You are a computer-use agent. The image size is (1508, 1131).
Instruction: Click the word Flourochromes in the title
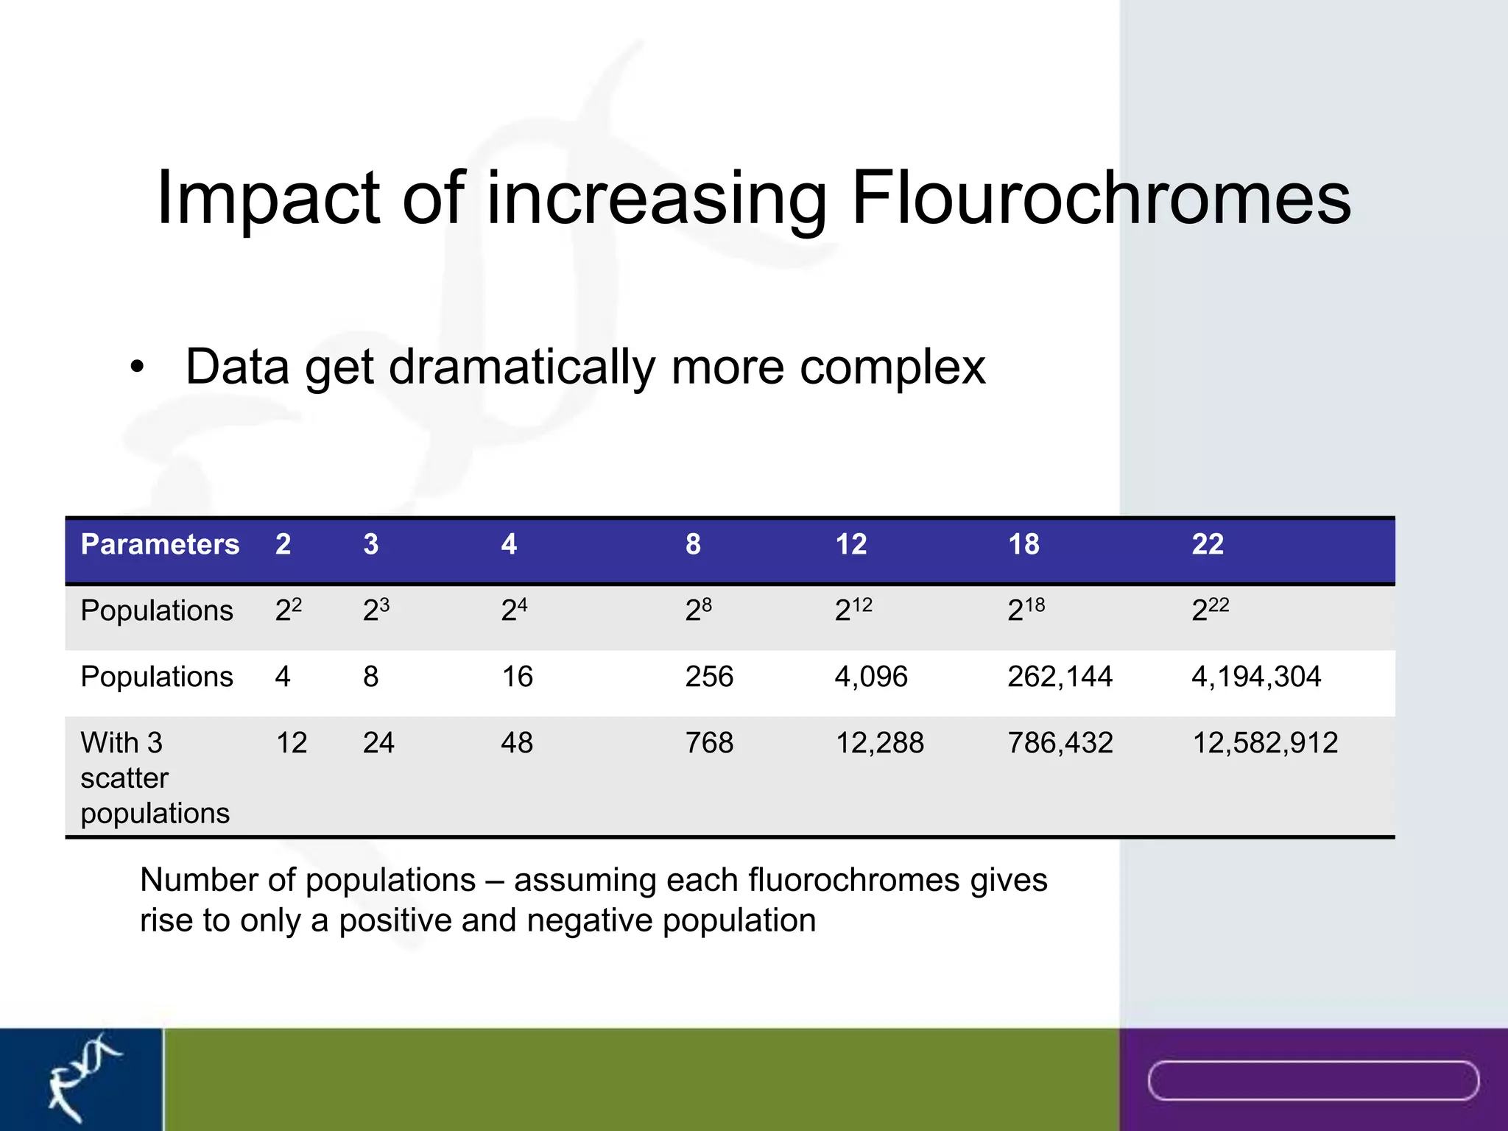[1100, 197]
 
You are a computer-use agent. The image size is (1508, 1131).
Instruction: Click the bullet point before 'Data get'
[137, 367]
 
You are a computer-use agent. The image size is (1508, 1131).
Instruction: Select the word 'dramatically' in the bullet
[521, 367]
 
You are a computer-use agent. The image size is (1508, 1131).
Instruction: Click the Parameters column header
[160, 544]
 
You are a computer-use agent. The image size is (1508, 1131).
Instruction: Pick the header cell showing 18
[1023, 544]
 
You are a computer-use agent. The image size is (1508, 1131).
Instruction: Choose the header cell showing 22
[1208, 544]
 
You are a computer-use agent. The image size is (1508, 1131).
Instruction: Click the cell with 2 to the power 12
[853, 610]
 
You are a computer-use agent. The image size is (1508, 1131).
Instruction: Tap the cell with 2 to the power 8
[698, 610]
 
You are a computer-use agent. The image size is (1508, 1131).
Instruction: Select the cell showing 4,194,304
[1256, 677]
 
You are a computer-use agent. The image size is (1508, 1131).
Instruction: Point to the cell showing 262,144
[1060, 677]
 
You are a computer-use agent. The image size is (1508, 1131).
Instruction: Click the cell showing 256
[709, 677]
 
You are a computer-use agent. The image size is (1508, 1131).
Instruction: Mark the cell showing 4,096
[871, 677]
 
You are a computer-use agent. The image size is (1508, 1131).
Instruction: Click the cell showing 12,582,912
[1264, 743]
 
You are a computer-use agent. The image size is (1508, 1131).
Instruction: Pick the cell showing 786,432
[1060, 743]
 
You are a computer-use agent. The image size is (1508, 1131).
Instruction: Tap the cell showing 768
[709, 743]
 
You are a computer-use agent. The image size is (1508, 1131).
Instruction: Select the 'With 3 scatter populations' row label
[155, 778]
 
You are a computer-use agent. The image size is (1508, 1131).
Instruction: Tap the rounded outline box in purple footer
[1313, 1081]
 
